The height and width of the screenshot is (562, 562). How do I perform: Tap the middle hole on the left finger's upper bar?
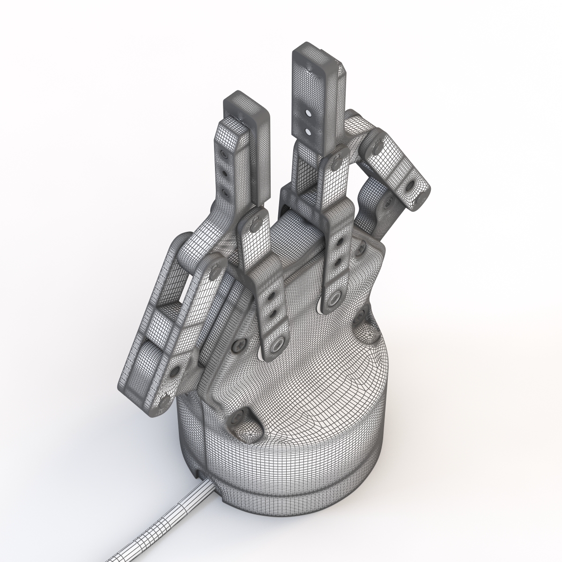click(x=226, y=174)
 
